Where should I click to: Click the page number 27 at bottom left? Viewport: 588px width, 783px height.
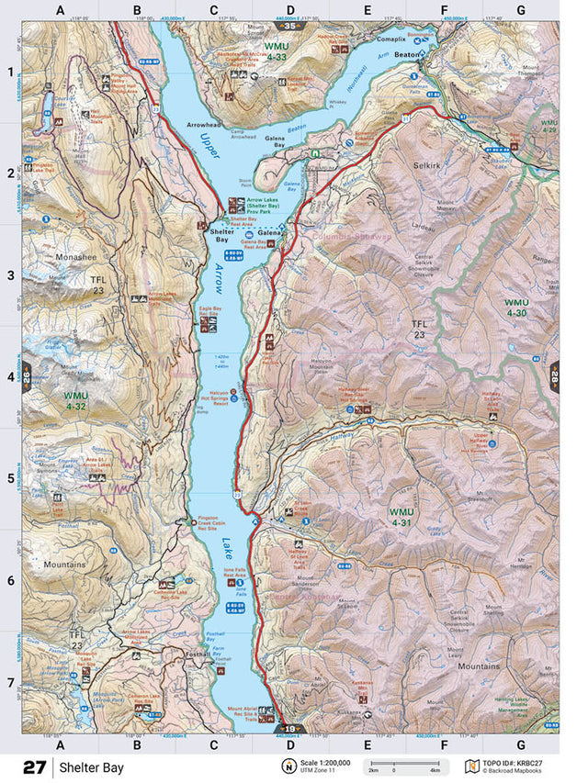coord(37,766)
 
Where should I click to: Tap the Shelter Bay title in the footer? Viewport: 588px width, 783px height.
coord(90,766)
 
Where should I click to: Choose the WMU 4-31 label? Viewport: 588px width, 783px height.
coord(402,517)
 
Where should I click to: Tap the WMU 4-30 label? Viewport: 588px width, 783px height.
coord(515,308)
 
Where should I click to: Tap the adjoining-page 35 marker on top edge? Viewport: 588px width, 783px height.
coord(291,28)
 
